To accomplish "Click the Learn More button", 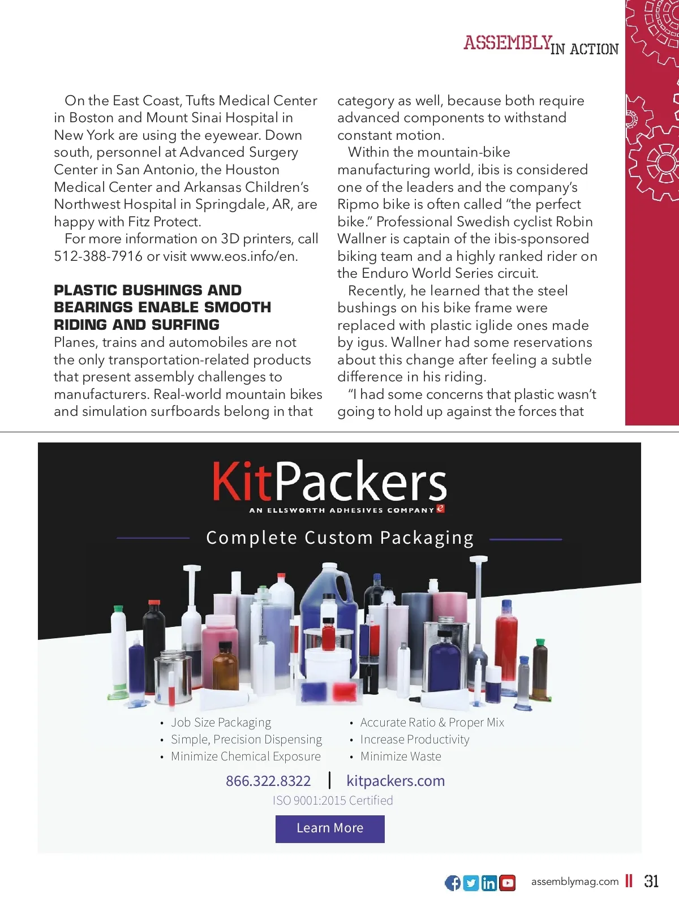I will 330,828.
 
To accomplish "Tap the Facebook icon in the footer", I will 453,883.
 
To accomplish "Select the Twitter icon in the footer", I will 471,883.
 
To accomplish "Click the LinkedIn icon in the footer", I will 489,883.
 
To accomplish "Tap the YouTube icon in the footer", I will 508,883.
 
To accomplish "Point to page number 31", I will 651,881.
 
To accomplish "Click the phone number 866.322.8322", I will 268,781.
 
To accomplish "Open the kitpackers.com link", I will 396,781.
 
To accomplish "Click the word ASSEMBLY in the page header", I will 508,43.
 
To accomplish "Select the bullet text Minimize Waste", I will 401,756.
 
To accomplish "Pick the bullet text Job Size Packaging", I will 221,723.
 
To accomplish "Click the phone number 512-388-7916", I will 98,256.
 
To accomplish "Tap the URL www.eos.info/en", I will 244,256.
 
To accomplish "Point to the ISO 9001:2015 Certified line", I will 333,801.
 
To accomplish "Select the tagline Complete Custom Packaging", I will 339,538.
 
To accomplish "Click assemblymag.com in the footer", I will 575,882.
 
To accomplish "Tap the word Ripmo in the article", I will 357,204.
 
